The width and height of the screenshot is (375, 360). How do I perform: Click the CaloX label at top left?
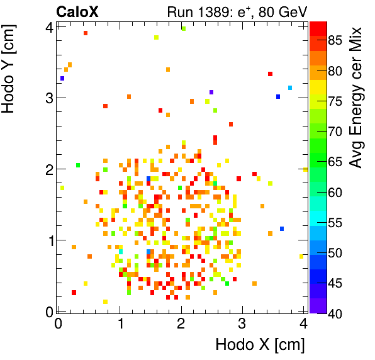[77, 11]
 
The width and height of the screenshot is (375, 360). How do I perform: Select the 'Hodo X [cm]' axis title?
[260, 345]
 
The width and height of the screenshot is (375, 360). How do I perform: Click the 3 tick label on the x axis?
[243, 324]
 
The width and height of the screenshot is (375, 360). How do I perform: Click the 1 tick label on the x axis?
[120, 324]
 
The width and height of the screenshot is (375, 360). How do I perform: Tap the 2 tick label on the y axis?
[47, 169]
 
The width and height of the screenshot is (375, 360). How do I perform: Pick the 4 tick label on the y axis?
[47, 26]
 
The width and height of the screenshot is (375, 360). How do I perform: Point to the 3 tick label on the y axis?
[47, 98]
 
